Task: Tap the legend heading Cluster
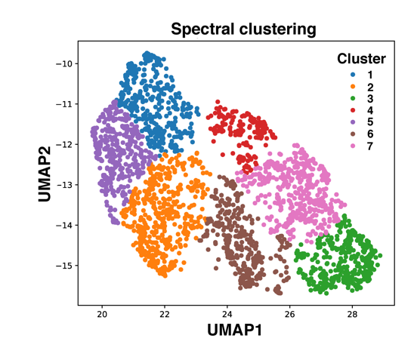tap(361, 59)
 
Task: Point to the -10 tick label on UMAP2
tap(63, 63)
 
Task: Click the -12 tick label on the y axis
tap(63, 144)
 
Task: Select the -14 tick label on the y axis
tap(63, 225)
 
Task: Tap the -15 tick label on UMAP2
tap(63, 266)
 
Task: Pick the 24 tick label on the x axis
tap(227, 313)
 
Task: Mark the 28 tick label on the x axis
tap(352, 313)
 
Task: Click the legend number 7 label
tap(369, 146)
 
